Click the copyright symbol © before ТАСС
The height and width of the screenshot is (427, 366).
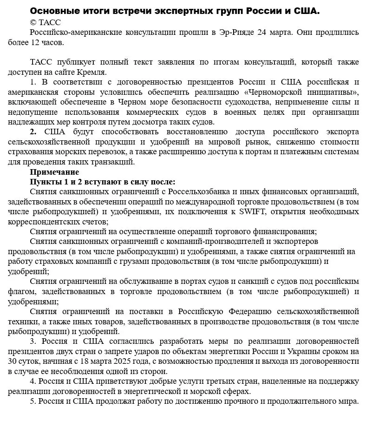tap(33, 22)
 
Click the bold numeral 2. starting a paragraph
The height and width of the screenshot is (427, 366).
tap(33, 132)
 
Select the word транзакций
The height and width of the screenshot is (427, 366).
tap(115, 162)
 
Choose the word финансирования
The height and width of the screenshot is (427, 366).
tap(286, 231)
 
